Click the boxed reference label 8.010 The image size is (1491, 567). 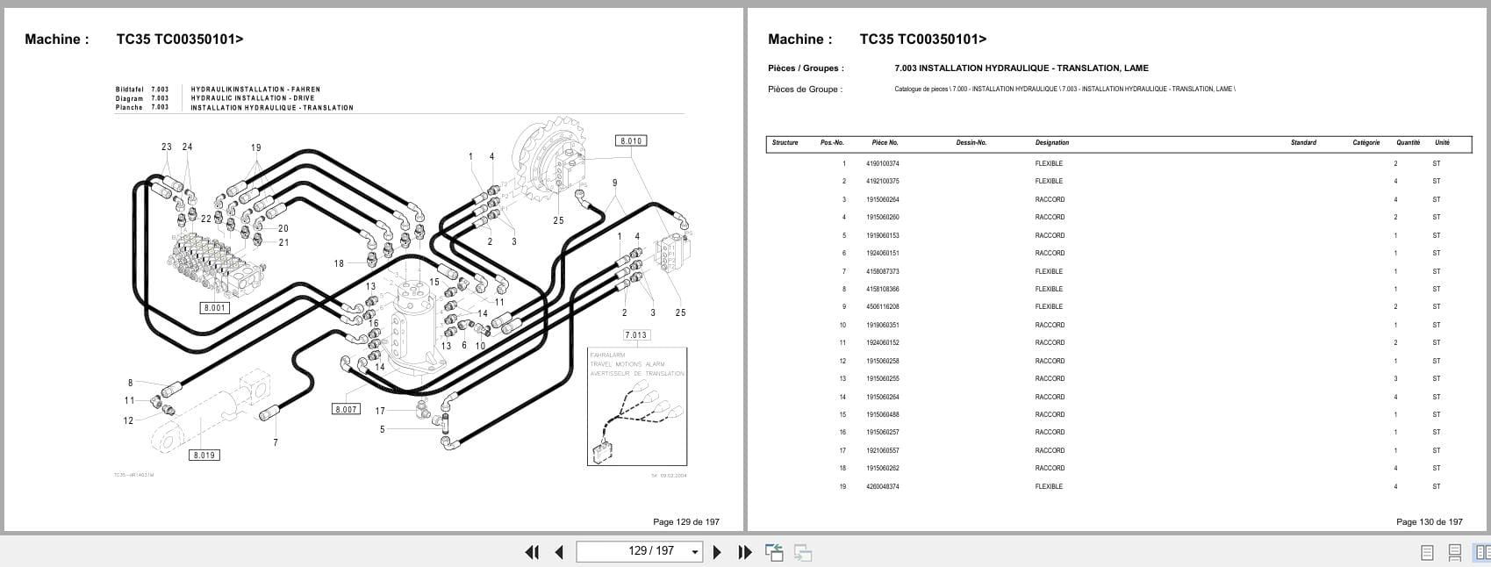pos(631,140)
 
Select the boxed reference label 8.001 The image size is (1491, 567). pos(215,308)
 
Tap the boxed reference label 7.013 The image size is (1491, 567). pos(635,334)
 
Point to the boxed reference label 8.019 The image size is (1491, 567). pos(204,455)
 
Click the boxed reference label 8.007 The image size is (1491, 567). pos(346,409)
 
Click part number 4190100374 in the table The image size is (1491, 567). pos(882,163)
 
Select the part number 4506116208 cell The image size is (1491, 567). pos(882,307)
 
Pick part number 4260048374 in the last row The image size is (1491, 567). pos(882,486)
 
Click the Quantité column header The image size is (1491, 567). pos(1408,142)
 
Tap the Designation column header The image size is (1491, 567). pos(1051,142)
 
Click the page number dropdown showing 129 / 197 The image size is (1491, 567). pos(639,551)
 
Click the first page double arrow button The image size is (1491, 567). pos(531,552)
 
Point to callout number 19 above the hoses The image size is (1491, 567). pos(255,147)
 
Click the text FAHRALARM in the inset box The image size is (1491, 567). pos(607,355)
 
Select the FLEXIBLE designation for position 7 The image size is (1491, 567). pos(1049,271)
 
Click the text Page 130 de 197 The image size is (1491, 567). pos(1429,521)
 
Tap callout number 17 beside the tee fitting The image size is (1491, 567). pos(380,411)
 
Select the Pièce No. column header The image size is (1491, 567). pos(885,142)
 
